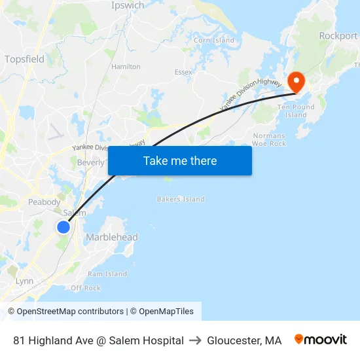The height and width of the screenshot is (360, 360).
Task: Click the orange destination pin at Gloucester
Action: click(297, 81)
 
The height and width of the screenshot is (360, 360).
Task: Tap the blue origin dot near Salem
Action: click(63, 227)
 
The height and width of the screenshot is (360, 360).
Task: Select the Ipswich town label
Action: click(128, 5)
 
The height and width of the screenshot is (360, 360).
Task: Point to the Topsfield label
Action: click(24, 59)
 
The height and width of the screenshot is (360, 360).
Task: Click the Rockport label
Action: click(338, 36)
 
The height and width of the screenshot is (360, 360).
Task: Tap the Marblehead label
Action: click(112, 237)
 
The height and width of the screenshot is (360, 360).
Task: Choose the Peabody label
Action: click(44, 202)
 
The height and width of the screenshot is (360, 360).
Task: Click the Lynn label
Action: click(24, 281)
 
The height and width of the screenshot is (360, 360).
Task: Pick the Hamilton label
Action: click(126, 67)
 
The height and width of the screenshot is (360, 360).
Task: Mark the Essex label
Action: click(183, 72)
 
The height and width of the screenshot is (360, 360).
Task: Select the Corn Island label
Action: click(213, 41)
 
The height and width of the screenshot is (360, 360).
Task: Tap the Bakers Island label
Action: click(181, 199)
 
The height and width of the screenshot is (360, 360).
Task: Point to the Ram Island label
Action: click(107, 274)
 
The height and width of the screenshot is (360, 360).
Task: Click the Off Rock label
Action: click(86, 288)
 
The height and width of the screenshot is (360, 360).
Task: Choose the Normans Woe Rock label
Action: click(269, 139)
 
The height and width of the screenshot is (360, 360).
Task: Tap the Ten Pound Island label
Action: click(296, 111)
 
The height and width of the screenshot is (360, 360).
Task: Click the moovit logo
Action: click(321, 340)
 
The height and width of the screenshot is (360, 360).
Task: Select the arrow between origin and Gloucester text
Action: click(195, 340)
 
